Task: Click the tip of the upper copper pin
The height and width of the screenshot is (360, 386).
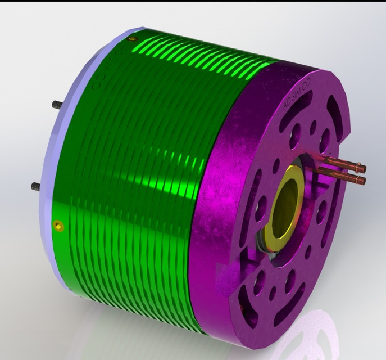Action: pyautogui.click(x=362, y=168)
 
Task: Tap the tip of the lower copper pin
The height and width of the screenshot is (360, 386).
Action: pyautogui.click(x=362, y=181)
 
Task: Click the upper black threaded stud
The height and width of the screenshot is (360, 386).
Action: pyautogui.click(x=56, y=105)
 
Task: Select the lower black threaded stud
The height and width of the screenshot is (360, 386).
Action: pyautogui.click(x=35, y=185)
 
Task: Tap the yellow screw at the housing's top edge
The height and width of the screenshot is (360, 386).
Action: pyautogui.click(x=133, y=39)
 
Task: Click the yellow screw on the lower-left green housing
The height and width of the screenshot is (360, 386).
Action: pyautogui.click(x=58, y=226)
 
